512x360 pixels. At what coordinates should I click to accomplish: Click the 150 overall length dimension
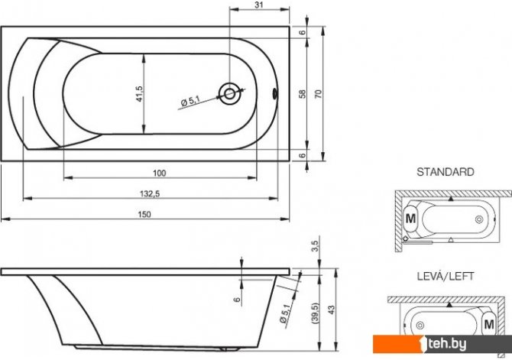[144, 214]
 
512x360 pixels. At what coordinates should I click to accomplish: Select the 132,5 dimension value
[150, 193]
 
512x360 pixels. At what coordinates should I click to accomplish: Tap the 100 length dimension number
[160, 174]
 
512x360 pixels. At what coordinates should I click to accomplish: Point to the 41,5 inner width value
[139, 94]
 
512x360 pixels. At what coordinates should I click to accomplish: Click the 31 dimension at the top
[258, 5]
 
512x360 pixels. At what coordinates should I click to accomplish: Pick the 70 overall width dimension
[319, 94]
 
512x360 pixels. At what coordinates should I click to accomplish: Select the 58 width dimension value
[303, 94]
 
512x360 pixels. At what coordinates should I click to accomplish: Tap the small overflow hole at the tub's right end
[274, 94]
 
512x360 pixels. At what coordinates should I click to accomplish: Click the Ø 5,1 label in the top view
[190, 101]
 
